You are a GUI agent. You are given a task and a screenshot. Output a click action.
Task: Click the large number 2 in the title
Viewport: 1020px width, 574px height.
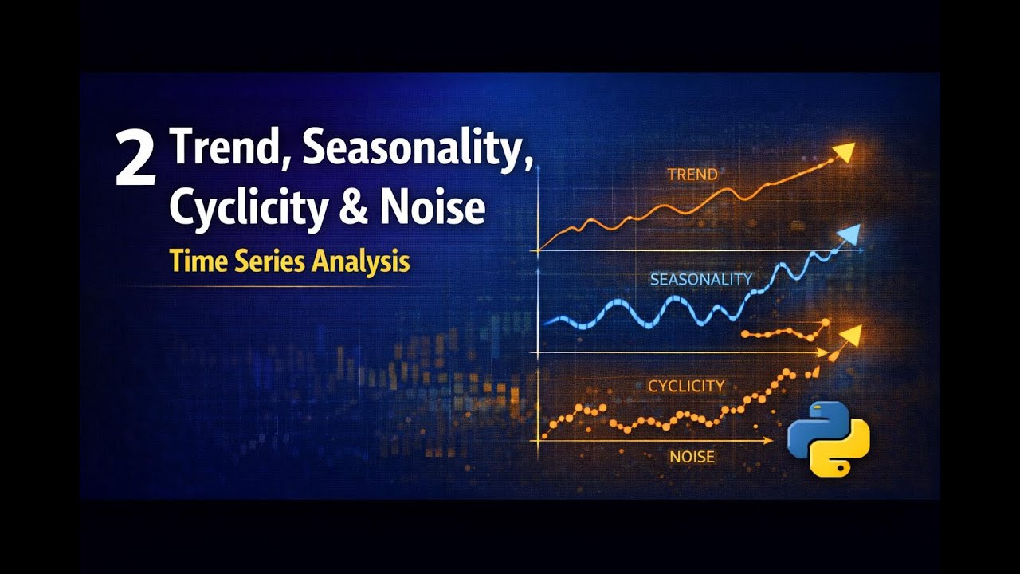[x=135, y=159]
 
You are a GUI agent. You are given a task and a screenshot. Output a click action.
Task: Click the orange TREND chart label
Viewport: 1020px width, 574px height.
[x=692, y=174]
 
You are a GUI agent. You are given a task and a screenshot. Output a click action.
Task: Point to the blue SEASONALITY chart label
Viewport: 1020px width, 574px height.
[x=700, y=279]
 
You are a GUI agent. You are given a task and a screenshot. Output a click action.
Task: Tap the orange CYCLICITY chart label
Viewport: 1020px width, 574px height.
[x=686, y=386]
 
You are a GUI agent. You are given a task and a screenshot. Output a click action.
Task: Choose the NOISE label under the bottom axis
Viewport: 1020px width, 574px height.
[x=692, y=457]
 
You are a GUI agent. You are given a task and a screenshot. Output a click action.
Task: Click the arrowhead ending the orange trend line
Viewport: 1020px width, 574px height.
[x=845, y=152]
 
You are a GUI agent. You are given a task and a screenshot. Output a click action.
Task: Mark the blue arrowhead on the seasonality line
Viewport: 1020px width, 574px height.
[x=850, y=234]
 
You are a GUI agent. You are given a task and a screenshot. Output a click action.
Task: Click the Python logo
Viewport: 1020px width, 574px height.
[x=829, y=438]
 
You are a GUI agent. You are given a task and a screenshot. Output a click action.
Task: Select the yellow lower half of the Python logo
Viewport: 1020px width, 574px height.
[x=841, y=456]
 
